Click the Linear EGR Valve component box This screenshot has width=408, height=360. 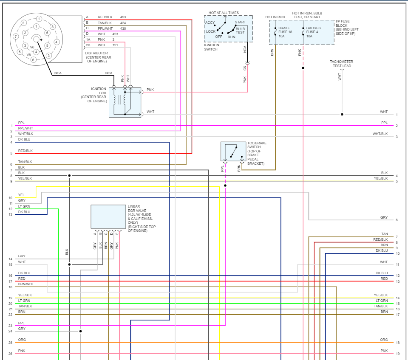click(x=108, y=217)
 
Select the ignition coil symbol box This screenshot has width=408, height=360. click(x=125, y=102)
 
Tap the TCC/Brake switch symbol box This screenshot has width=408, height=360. click(x=233, y=152)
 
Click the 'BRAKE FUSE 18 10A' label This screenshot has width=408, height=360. click(x=285, y=32)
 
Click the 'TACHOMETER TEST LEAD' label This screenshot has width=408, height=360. click(x=341, y=64)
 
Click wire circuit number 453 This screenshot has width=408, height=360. click(x=123, y=17)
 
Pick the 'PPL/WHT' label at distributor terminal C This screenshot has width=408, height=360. click(x=105, y=28)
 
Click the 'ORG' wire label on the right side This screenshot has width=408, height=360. click(x=384, y=340)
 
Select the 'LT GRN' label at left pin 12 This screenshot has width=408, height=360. click(x=24, y=206)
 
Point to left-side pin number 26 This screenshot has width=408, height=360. click(x=11, y=354)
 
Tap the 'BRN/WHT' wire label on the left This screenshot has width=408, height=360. click(x=26, y=284)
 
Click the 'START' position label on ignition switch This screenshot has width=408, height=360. click(x=240, y=22)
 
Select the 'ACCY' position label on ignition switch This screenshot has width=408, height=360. click(x=210, y=22)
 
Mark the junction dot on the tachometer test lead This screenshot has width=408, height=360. click(x=342, y=114)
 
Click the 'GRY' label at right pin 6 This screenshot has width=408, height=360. click(x=384, y=217)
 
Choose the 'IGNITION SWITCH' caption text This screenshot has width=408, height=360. click(x=211, y=47)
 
